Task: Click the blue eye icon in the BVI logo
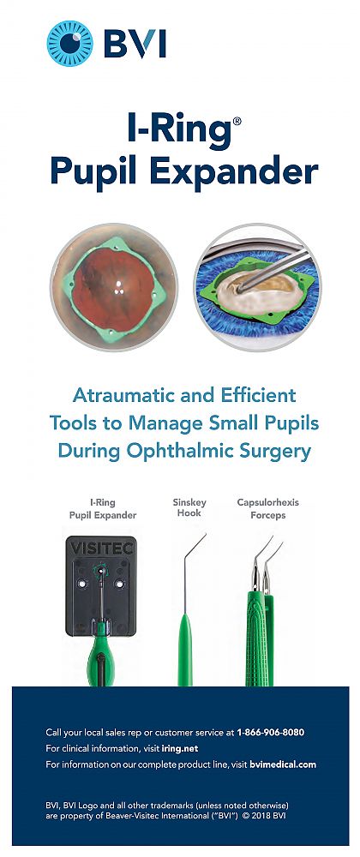70,44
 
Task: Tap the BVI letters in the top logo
135,44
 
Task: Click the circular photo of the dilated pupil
114,287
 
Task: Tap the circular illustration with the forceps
258,287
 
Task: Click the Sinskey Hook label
187,507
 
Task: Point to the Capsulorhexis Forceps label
267,507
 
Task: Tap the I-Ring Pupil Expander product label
103,507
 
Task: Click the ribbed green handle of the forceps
260,638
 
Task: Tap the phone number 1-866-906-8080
270,733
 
